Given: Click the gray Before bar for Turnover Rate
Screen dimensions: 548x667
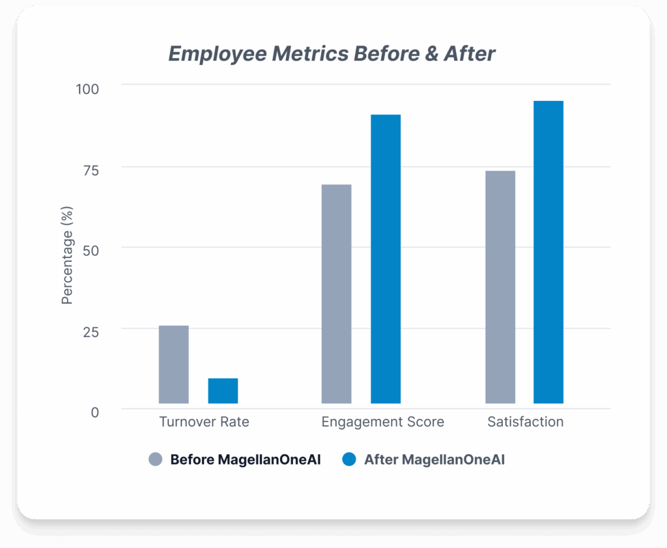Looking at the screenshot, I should (x=173, y=364).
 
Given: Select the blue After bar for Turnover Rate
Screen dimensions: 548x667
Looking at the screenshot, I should (x=223, y=391).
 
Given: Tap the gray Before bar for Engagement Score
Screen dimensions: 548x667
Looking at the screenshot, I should (x=336, y=294).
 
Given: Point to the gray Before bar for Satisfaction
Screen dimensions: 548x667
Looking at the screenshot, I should (x=500, y=287).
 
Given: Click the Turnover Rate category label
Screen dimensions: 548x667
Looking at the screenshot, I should (x=204, y=422).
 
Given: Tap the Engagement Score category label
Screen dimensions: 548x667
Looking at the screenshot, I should (x=383, y=422).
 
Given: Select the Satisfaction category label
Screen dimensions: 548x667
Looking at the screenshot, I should (x=526, y=422).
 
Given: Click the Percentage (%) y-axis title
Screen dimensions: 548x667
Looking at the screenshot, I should (x=68, y=255).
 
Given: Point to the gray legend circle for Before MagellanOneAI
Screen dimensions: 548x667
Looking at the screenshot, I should (x=155, y=459).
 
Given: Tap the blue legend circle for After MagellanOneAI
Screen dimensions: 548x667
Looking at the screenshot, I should (x=349, y=459).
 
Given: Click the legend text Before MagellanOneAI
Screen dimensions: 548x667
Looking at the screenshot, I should (x=246, y=459).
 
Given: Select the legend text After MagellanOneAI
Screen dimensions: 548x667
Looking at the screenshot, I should (x=434, y=459).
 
